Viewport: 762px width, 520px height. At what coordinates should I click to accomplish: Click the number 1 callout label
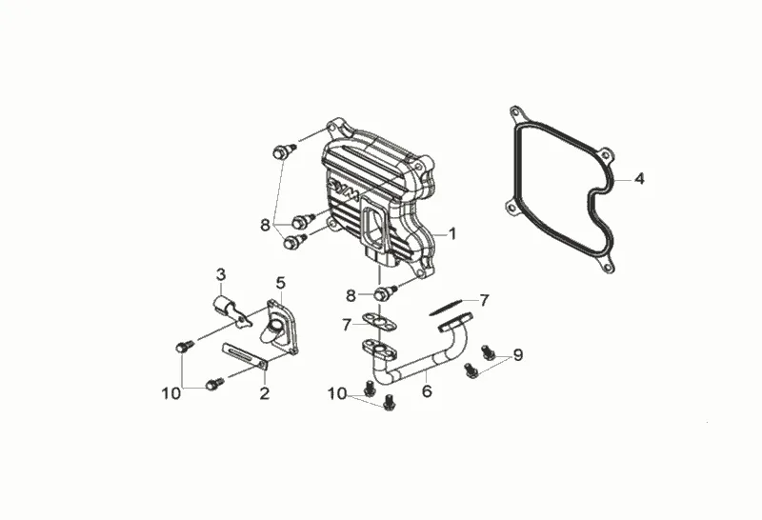(452, 232)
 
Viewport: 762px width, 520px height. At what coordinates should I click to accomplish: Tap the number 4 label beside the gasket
(640, 178)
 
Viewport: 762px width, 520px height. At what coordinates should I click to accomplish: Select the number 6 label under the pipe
(426, 390)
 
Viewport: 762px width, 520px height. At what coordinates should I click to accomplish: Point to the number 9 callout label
(518, 355)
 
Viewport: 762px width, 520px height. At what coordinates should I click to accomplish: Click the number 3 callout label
(220, 274)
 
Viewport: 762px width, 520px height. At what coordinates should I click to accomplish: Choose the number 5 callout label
(281, 283)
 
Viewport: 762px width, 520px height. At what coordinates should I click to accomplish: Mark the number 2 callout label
(265, 392)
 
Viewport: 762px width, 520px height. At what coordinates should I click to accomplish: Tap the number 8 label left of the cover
(265, 225)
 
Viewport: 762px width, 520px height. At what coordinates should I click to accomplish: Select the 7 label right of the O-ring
(485, 300)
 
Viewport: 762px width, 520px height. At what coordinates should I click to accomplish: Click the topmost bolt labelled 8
(282, 150)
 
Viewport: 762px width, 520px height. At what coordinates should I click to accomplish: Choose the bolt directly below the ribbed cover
(386, 291)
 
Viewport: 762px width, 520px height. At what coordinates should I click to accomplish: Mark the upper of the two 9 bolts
(489, 351)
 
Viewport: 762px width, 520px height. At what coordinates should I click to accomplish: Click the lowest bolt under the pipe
(388, 405)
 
